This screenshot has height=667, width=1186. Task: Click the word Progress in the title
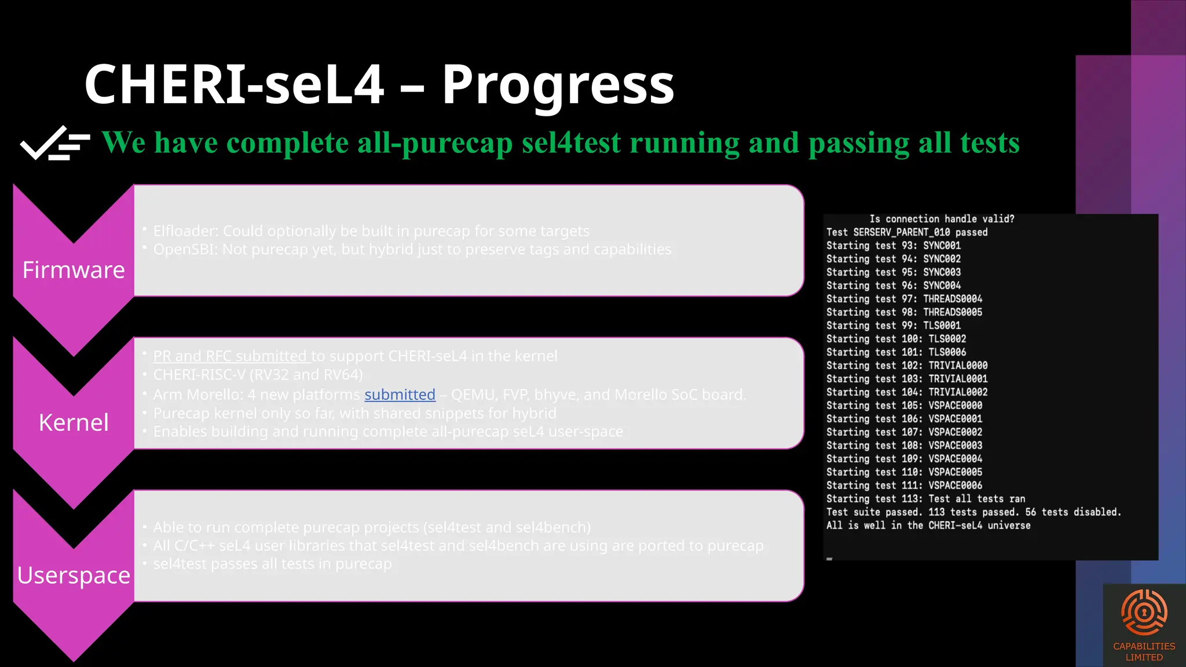[558, 85]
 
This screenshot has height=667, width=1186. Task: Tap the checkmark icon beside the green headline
[55, 142]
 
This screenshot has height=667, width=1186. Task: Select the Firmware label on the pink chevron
[74, 270]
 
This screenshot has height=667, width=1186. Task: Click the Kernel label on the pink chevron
[74, 423]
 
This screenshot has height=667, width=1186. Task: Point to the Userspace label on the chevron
[74, 575]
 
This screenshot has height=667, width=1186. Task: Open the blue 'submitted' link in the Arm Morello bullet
[400, 394]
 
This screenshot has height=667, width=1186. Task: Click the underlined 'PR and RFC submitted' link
[230, 356]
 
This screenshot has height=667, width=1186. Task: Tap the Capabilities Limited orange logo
[1144, 614]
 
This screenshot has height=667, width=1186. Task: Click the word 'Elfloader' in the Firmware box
[185, 231]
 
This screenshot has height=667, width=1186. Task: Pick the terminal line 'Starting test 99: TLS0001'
[893, 325]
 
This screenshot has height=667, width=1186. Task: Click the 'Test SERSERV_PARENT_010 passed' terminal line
[906, 232]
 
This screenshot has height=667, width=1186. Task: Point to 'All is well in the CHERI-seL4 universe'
[928, 525]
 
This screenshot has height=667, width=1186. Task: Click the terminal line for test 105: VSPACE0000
[903, 405]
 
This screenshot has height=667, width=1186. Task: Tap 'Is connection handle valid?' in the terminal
[942, 219]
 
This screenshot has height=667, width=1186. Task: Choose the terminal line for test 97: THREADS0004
[903, 299]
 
